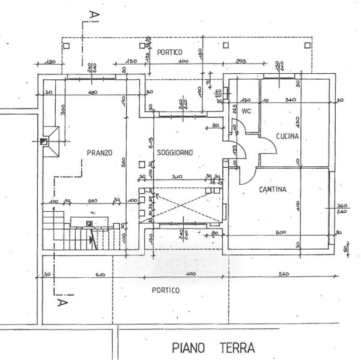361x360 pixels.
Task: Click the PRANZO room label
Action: (99, 152)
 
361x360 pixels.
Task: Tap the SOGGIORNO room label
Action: (174, 152)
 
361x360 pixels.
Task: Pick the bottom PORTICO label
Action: (166, 290)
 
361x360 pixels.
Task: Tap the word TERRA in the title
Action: (235, 347)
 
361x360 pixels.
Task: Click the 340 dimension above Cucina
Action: (290, 99)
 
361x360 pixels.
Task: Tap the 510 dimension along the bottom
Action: (100, 275)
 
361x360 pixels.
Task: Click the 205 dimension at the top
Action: (241, 61)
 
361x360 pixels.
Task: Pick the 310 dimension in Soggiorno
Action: (176, 176)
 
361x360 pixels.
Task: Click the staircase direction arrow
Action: (92, 241)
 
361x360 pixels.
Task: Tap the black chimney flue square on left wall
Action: (43, 142)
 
